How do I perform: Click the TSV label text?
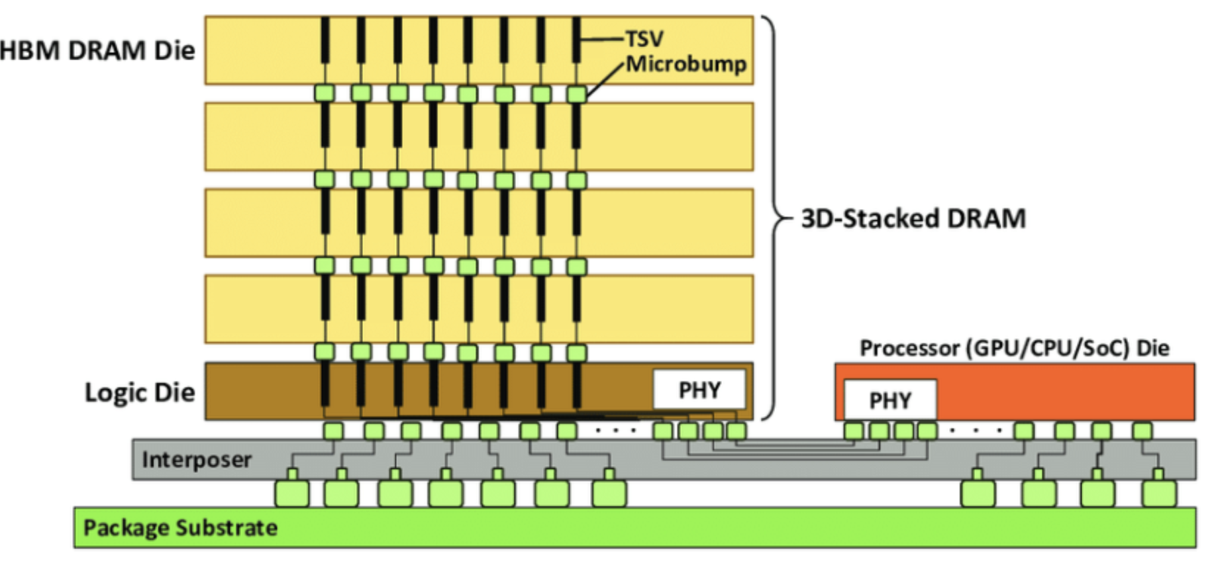[644, 39]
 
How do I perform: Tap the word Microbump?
[686, 64]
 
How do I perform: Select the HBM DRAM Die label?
[97, 51]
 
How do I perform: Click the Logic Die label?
[140, 392]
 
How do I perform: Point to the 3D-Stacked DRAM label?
[913, 218]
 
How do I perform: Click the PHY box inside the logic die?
[699, 390]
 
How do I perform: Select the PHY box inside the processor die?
[890, 400]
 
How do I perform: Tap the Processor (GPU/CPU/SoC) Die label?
[1014, 348]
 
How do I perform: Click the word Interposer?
[197, 459]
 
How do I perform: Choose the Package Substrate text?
[180, 527]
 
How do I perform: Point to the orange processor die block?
[1066, 390]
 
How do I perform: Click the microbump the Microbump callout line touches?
[577, 94]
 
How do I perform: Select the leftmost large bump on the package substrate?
[292, 494]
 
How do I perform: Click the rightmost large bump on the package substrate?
[1159, 494]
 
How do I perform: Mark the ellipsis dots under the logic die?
[615, 431]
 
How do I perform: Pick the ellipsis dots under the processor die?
[975, 431]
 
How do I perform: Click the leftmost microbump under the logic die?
[333, 431]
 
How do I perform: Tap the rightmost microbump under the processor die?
[1142, 431]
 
